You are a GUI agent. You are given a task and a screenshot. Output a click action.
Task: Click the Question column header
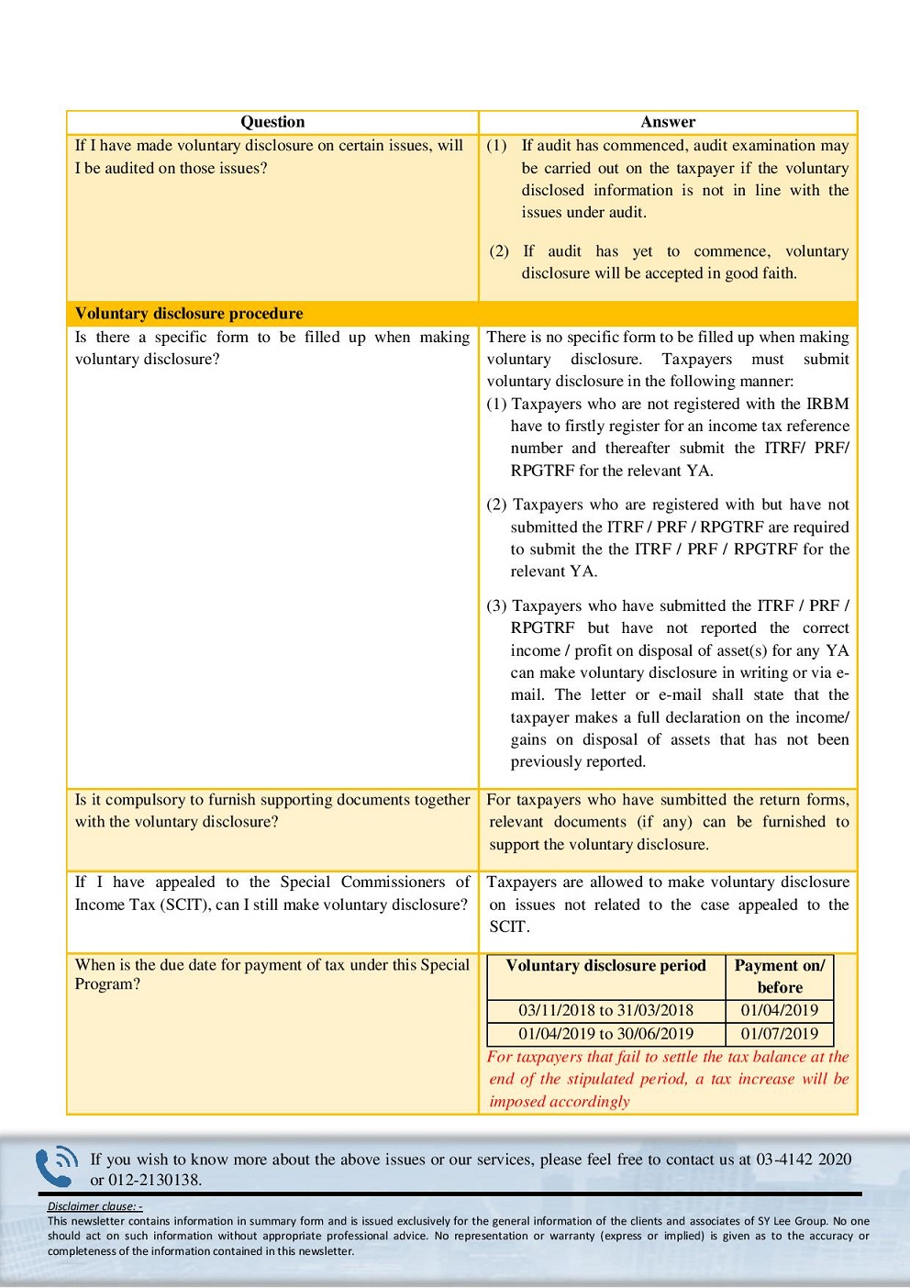click(272, 122)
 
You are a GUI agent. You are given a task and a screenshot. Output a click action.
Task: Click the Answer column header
click(668, 122)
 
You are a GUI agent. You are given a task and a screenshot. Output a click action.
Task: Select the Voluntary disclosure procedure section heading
click(189, 313)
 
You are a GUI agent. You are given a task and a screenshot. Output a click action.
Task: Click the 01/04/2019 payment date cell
click(780, 1010)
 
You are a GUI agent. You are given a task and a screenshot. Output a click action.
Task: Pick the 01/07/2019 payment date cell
click(780, 1033)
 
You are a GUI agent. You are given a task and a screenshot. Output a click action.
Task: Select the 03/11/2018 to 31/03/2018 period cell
click(605, 1010)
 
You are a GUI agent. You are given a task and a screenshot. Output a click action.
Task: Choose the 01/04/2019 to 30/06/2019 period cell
click(605, 1033)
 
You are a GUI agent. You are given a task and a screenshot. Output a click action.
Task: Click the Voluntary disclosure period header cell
click(605, 966)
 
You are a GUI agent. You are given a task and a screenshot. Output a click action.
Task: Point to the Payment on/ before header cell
click(780, 976)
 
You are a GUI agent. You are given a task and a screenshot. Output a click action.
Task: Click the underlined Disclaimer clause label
click(94, 1206)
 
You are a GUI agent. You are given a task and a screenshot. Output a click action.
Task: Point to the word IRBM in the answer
click(827, 404)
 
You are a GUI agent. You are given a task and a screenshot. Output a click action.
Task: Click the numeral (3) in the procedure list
click(496, 605)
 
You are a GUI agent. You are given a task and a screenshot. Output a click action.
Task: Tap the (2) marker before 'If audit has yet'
click(499, 251)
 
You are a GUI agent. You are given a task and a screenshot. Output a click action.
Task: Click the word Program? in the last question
click(107, 984)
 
